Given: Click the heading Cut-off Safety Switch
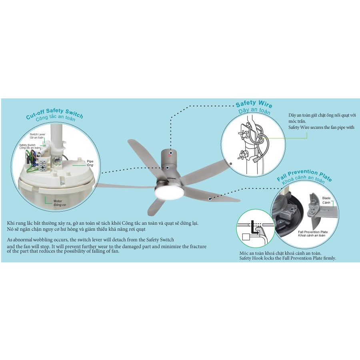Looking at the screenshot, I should point(54,113).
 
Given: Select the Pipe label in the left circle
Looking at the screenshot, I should point(90,161).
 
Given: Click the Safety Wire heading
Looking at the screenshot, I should point(254,104).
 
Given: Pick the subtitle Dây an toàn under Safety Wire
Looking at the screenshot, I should point(254,112).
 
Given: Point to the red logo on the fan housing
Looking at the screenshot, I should point(170,158).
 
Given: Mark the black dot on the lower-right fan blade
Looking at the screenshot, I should point(209,198).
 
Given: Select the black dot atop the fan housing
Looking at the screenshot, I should point(170,152).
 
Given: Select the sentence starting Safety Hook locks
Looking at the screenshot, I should point(288,258).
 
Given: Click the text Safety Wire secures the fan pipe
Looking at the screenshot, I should point(322,127).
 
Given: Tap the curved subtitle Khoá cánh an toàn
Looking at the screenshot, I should point(303,181).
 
